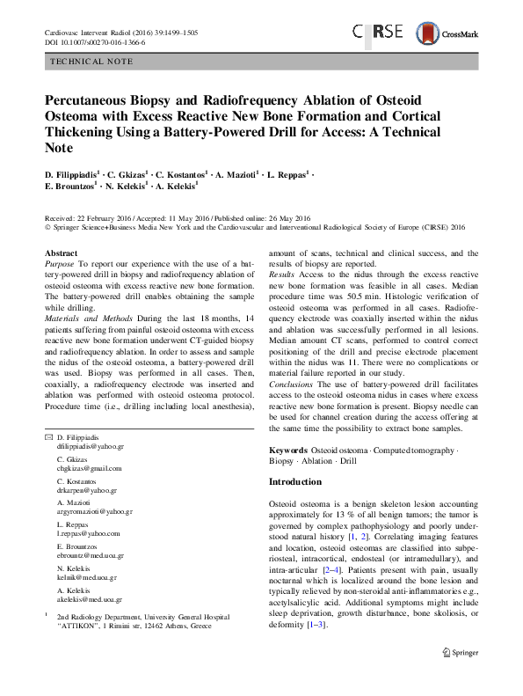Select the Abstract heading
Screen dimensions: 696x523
click(61, 253)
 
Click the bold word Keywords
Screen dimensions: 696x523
click(289, 450)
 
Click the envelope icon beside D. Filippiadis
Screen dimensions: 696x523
click(47, 437)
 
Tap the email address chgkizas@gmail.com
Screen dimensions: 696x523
click(90, 468)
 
